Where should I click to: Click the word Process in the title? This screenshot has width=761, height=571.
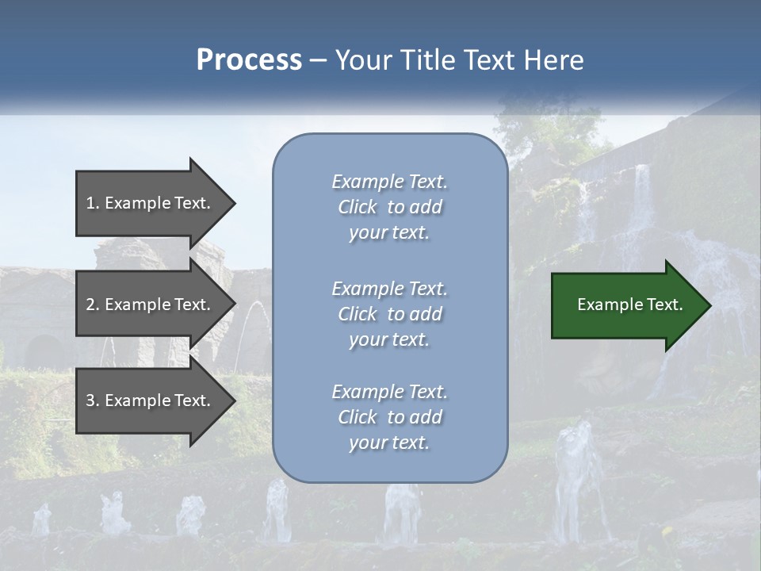pyautogui.click(x=249, y=60)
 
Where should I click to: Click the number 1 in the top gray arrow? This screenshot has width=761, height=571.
pyautogui.click(x=90, y=203)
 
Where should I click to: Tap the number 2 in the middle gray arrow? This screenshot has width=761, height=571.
pyautogui.click(x=90, y=305)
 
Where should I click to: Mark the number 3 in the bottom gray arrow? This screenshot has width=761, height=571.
pyautogui.click(x=90, y=400)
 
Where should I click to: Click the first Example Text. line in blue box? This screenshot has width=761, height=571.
pyautogui.click(x=389, y=182)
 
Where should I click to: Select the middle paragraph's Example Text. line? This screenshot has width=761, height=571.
pyautogui.click(x=389, y=289)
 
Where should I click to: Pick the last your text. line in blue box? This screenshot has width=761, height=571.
pyautogui.click(x=389, y=443)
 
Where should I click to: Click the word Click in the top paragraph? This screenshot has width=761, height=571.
pyautogui.click(x=357, y=207)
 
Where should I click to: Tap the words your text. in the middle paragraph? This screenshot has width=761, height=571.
pyautogui.click(x=389, y=339)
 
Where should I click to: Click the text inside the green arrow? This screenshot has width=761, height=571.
pyautogui.click(x=629, y=305)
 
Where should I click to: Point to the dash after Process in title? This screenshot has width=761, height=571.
pyautogui.click(x=319, y=61)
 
